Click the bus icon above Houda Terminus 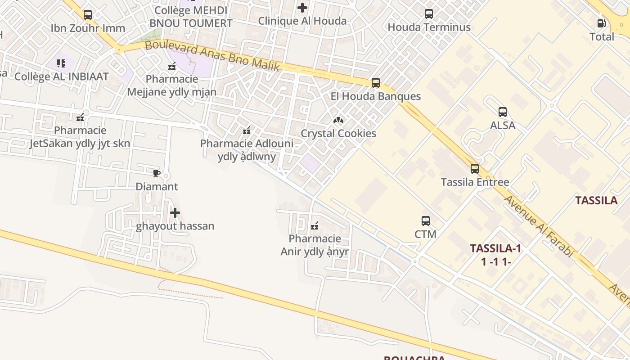click(429, 14)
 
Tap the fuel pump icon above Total click(601, 23)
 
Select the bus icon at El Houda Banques click(376, 83)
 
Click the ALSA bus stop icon click(503, 112)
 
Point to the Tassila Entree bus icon click(475, 169)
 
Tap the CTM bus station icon click(426, 221)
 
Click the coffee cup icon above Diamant click(157, 173)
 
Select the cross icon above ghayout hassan click(175, 213)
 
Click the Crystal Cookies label click(338, 134)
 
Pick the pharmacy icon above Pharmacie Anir click(315, 225)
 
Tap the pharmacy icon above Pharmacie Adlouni click(247, 131)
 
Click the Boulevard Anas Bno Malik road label click(212, 56)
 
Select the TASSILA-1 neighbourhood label click(495, 248)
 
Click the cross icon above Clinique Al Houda click(302, 8)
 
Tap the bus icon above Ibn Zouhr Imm click(88, 15)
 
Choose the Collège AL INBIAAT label click(62, 77)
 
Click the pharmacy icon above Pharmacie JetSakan click(80, 118)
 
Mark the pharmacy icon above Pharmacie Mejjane click(171, 67)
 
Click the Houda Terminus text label click(429, 27)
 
